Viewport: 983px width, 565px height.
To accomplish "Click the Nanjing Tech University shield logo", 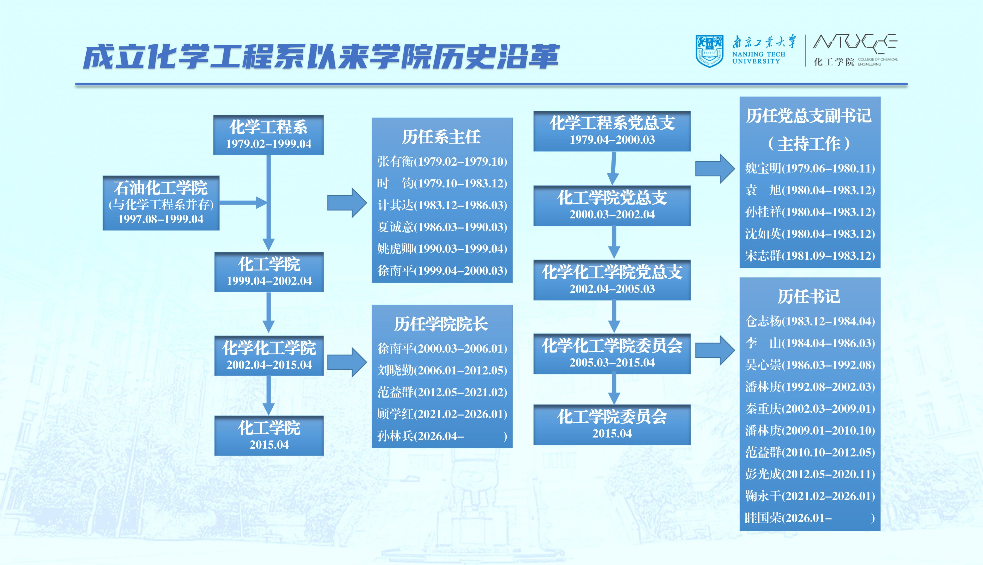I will (x=709, y=51).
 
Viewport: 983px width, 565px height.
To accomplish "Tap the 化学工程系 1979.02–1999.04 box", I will (x=269, y=135).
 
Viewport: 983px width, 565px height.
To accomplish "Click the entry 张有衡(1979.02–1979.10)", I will (x=442, y=162).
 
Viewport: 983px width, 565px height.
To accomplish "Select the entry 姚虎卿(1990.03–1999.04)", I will (x=442, y=249).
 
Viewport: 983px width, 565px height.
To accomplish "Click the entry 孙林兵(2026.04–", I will (x=421, y=436).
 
